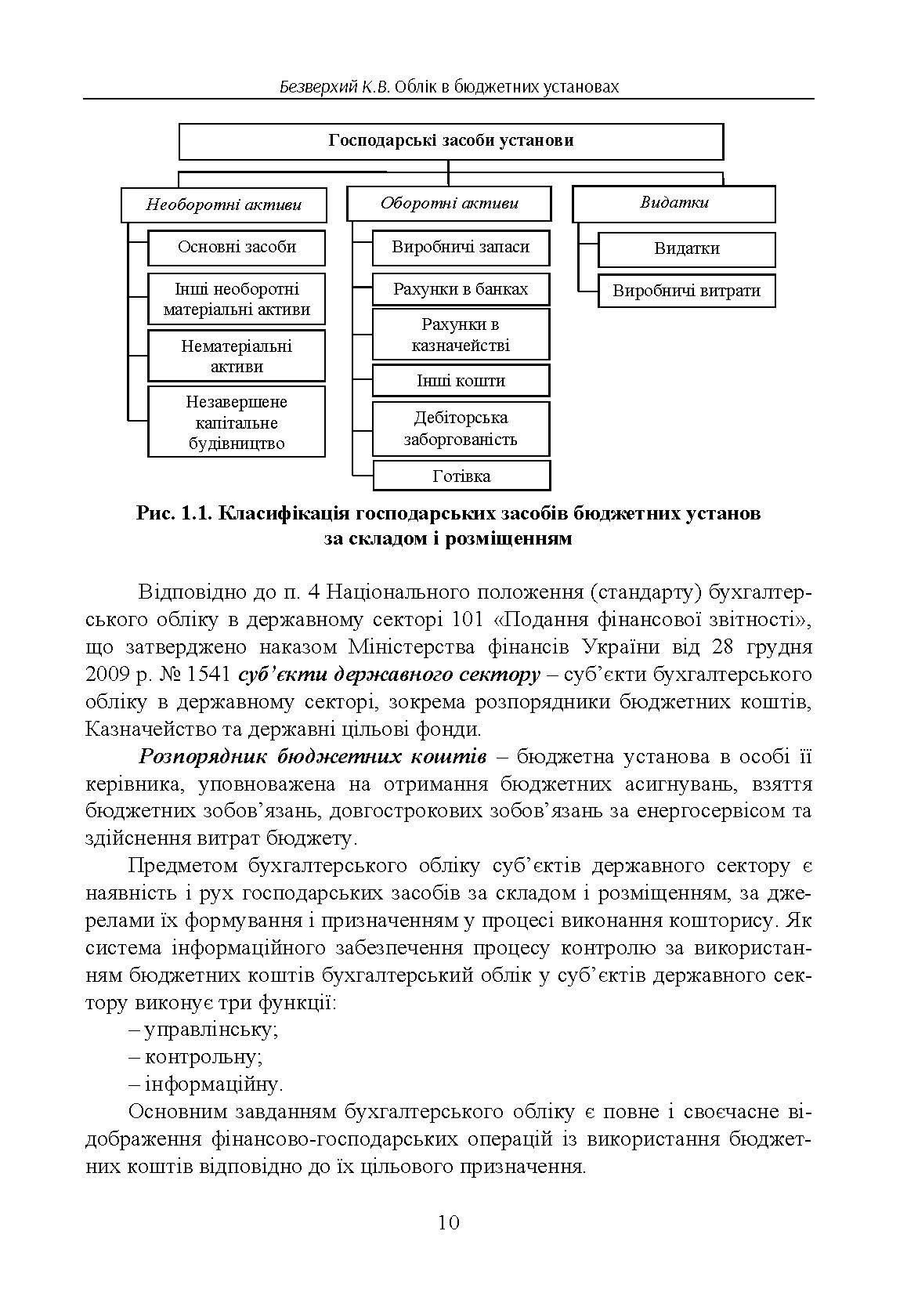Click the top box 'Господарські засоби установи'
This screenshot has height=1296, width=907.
tap(450, 141)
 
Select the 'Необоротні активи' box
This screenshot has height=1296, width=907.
tap(223, 205)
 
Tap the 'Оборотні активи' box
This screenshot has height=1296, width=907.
tap(449, 204)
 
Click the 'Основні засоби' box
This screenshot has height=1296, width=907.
tap(237, 248)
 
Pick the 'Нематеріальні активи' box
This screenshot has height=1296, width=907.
tap(237, 356)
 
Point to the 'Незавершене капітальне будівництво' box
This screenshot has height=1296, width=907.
tap(237, 422)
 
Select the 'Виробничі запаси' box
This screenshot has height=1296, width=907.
tap(461, 248)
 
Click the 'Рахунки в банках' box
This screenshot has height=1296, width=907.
tap(461, 289)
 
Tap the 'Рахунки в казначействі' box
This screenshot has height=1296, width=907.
tap(461, 335)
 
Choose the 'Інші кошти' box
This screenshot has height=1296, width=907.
tap(461, 381)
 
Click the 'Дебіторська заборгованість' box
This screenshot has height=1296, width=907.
tap(461, 429)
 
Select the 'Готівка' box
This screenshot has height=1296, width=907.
tap(461, 476)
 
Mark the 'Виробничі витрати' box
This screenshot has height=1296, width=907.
tap(686, 291)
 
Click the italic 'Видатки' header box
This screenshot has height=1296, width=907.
tap(674, 203)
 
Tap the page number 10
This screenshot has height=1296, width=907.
tap(449, 1222)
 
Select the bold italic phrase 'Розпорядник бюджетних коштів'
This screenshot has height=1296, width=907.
tap(313, 757)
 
